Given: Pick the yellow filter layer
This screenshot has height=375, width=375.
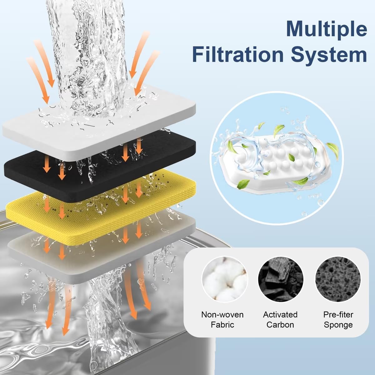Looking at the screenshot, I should (28, 200).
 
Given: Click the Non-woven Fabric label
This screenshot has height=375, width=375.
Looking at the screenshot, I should (222, 319).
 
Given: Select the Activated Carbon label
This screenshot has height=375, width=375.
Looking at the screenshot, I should (280, 319).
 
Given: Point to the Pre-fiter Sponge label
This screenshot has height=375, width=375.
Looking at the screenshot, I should (338, 319).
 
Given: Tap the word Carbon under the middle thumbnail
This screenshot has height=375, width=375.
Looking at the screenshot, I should (280, 325).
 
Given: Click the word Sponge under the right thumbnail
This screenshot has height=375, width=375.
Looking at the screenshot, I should (338, 325).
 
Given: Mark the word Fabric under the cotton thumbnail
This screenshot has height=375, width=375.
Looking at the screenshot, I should (222, 325).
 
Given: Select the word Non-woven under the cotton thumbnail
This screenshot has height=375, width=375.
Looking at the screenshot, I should (222, 314).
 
